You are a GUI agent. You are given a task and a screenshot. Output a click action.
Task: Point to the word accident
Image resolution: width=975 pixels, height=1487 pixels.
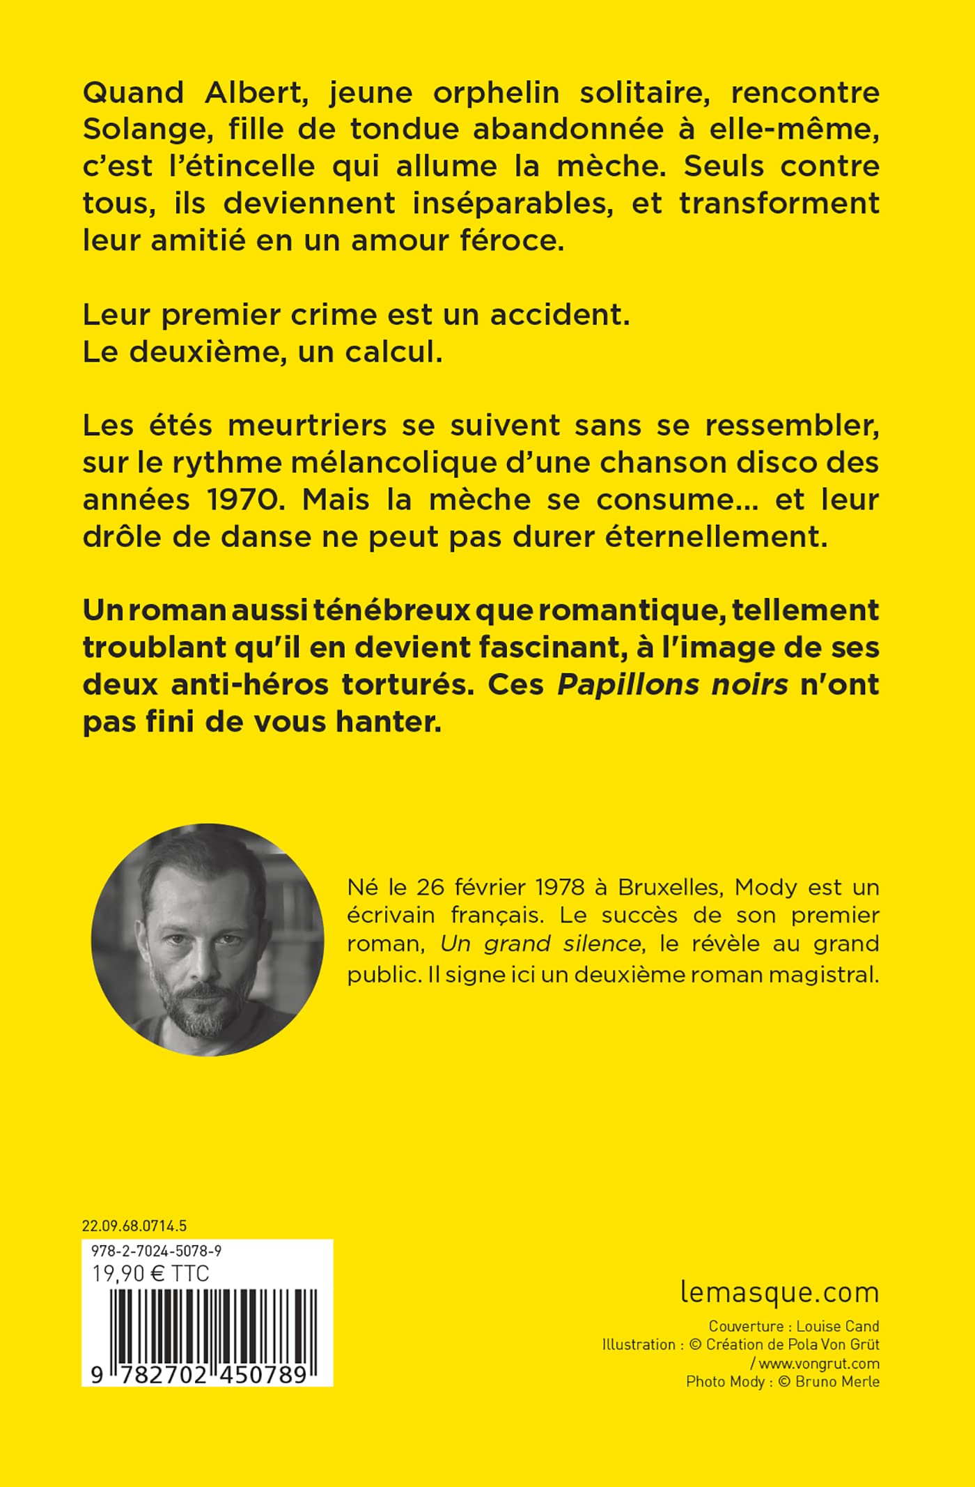click(560, 315)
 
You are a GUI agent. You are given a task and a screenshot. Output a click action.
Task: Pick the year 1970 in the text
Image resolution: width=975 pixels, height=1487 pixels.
click(224, 500)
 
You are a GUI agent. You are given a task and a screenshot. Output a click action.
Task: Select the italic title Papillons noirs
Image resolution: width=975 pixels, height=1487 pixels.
click(673, 686)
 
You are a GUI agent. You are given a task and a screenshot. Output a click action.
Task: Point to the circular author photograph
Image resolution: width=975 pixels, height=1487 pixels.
click(208, 939)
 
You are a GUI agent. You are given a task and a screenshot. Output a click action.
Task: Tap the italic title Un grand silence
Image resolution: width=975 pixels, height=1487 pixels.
click(540, 944)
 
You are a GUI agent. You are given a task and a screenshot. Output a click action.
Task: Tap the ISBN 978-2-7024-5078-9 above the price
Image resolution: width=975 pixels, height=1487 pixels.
click(157, 1251)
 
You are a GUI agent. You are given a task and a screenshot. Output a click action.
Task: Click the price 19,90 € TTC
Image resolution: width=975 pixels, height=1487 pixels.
click(150, 1273)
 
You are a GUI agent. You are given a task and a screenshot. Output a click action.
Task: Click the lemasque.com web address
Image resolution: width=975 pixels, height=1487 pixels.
click(779, 1293)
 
